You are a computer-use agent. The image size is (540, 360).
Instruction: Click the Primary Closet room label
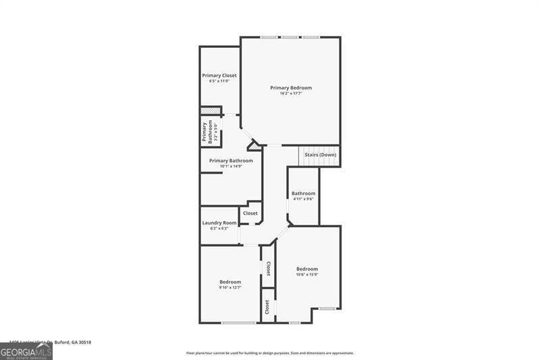click(x=219, y=75)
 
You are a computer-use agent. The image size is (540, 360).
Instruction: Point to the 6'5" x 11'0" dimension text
click(x=219, y=81)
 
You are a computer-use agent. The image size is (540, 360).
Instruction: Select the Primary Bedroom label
click(x=291, y=88)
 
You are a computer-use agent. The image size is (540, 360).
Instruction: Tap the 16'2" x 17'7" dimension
click(x=291, y=94)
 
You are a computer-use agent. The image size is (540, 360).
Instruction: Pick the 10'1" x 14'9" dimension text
click(x=231, y=166)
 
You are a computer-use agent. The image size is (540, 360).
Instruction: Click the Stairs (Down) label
click(x=320, y=155)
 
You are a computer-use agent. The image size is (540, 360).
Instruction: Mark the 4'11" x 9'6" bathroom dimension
click(x=303, y=199)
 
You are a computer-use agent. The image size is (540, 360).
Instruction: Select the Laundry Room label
click(x=219, y=223)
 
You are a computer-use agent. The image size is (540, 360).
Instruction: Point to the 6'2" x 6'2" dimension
click(x=219, y=229)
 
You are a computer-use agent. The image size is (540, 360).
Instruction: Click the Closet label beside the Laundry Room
click(x=250, y=213)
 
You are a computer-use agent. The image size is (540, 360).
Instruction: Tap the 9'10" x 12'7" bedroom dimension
click(x=230, y=288)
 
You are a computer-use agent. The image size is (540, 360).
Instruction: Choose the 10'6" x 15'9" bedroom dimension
click(x=307, y=275)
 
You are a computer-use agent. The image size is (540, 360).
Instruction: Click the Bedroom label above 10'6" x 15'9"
click(x=307, y=269)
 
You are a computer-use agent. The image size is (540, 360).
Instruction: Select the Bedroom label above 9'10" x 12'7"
click(x=230, y=282)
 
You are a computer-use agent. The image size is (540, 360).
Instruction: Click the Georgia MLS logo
click(x=26, y=352)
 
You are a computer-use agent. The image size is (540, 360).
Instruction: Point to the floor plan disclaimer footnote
click(x=270, y=353)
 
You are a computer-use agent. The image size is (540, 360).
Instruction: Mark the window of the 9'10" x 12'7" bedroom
click(x=238, y=323)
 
